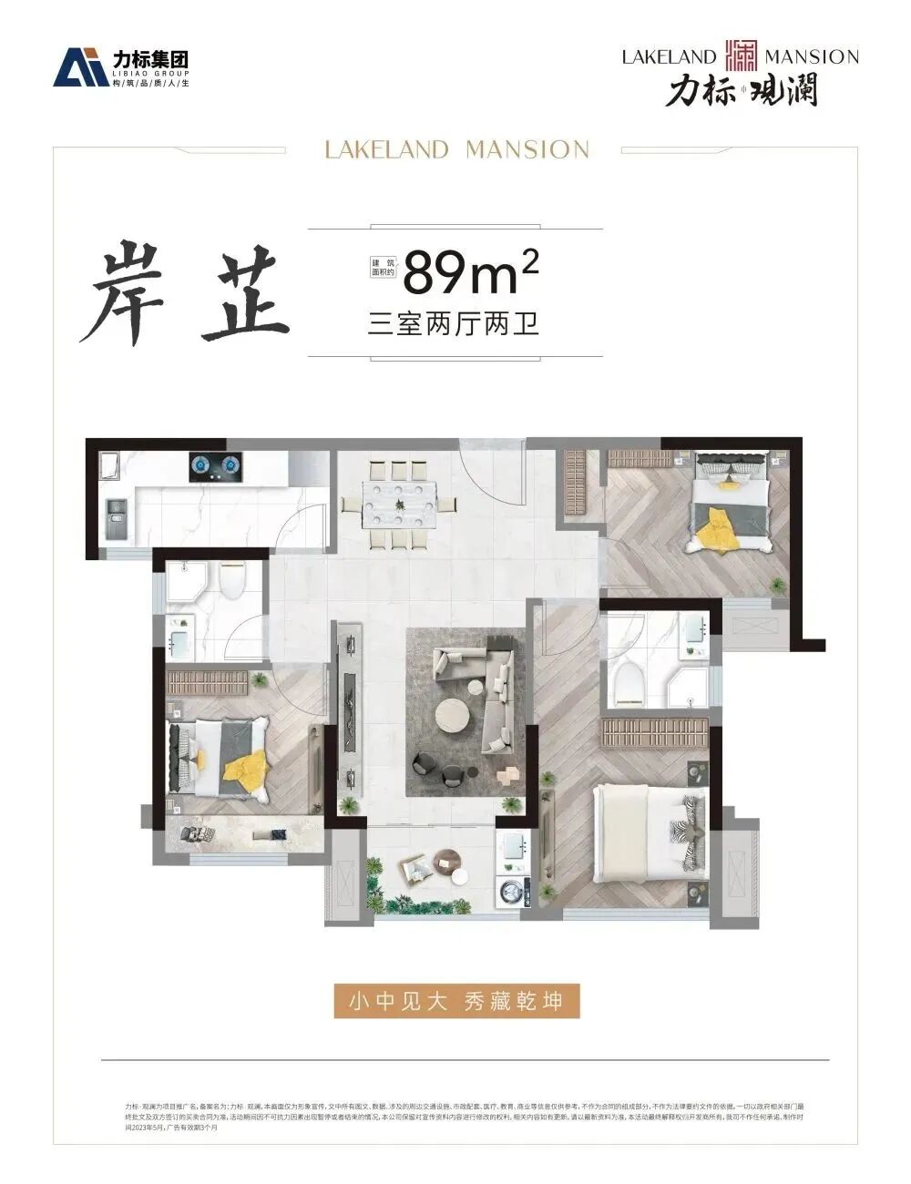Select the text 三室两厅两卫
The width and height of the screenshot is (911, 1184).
pyautogui.click(x=454, y=324)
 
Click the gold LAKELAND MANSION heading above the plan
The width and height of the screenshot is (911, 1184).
pyautogui.click(x=456, y=149)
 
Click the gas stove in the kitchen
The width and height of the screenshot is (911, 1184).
pyautogui.click(x=216, y=467)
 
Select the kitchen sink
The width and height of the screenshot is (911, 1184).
pyautogui.click(x=117, y=517)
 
